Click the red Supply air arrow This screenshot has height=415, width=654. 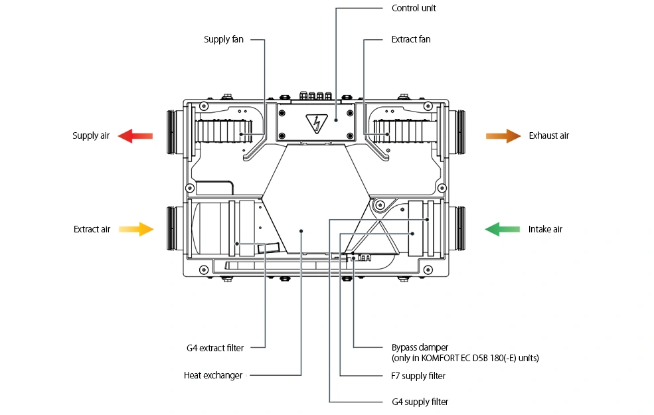pyautogui.click(x=135, y=136)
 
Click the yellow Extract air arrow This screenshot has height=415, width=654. pyautogui.click(x=136, y=229)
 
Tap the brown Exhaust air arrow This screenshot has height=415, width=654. pyautogui.click(x=503, y=136)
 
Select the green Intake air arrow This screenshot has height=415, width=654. pyautogui.click(x=503, y=229)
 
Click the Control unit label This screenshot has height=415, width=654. pyautogui.click(x=414, y=9)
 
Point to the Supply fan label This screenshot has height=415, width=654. pyautogui.click(x=224, y=40)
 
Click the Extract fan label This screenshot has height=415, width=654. pyautogui.click(x=411, y=40)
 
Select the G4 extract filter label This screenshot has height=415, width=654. pyautogui.click(x=215, y=348)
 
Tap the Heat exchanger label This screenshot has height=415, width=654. pyautogui.click(x=213, y=375)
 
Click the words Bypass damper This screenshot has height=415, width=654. pyautogui.click(x=420, y=347)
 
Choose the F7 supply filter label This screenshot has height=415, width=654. pyautogui.click(x=418, y=376)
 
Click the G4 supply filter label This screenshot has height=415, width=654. pyautogui.click(x=420, y=402)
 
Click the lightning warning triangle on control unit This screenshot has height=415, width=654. pyautogui.click(x=317, y=123)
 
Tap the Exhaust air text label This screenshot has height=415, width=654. pyautogui.click(x=549, y=136)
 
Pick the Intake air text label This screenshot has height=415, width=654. pyautogui.click(x=546, y=229)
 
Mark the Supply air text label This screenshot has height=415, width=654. pyautogui.click(x=91, y=136)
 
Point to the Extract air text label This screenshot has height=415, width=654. pyautogui.click(x=92, y=229)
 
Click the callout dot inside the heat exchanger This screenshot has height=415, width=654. pyautogui.click(x=301, y=230)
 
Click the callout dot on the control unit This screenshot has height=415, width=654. pyautogui.click(x=336, y=120)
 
